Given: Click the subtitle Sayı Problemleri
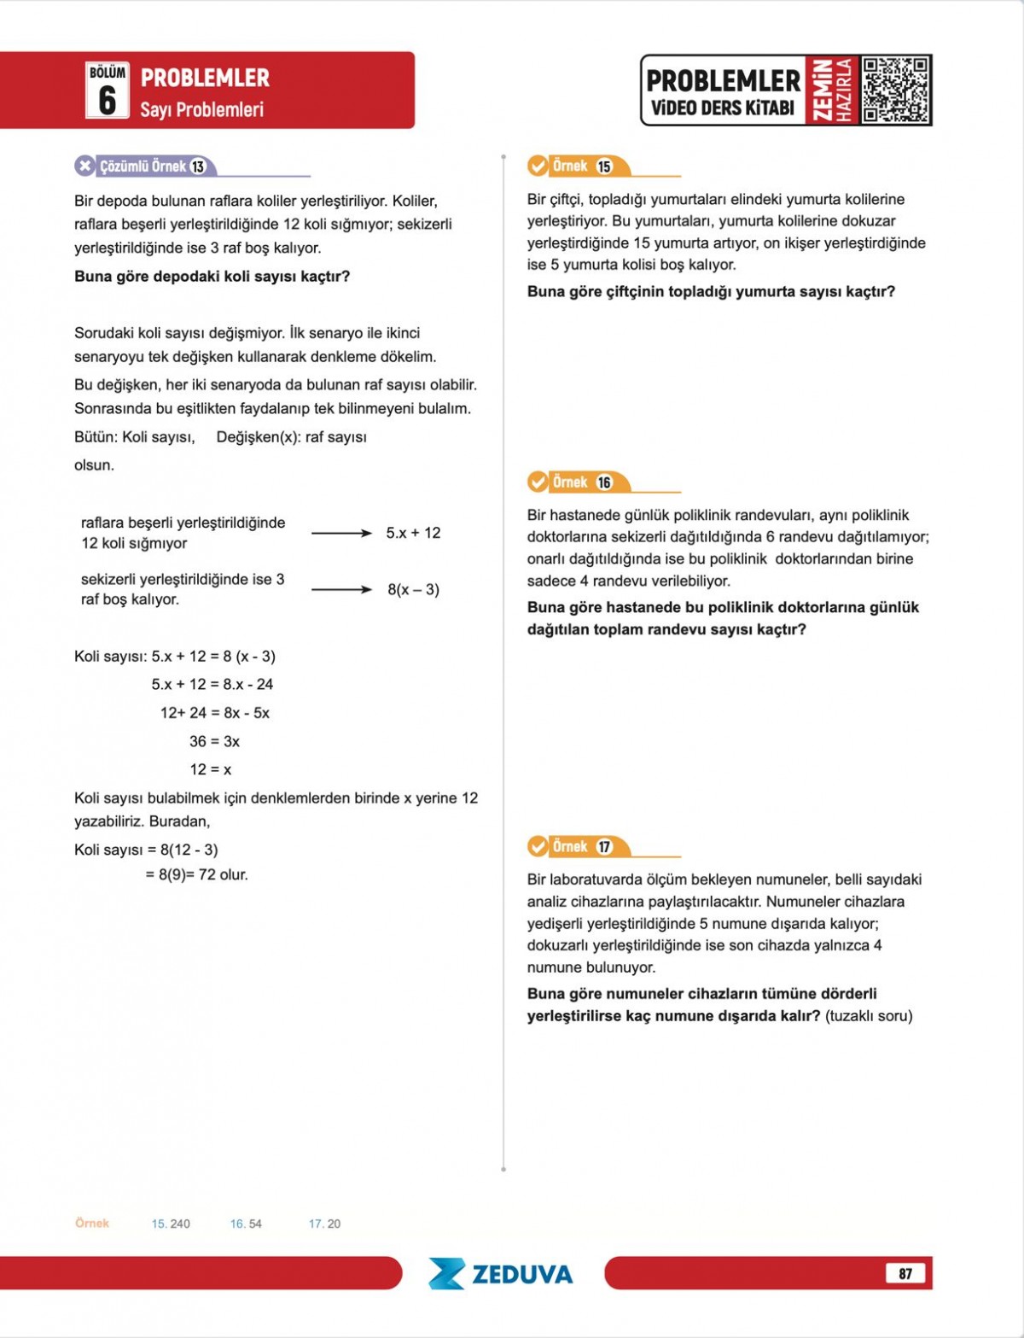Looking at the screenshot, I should coord(201,109).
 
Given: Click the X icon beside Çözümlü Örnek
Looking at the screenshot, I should coord(84,166).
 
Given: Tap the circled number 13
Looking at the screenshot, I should coord(198,167).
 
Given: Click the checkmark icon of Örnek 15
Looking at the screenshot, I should coord(538,166).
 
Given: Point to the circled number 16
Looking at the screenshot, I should coord(604,482).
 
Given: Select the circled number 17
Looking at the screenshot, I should coord(604,847).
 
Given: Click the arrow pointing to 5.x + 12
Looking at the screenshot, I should coord(341,533).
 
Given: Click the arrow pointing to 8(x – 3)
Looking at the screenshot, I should coord(341,589).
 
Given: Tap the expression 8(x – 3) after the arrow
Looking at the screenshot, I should coord(413,589).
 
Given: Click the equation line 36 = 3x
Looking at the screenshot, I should coord(214,741).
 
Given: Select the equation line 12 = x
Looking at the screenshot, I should coord(210,769).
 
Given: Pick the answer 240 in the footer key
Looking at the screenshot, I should coord(180,1224).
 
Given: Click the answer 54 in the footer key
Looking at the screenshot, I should coord(254,1224).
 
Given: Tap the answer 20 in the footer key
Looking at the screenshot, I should coord(333,1224).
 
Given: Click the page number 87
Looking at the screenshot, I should coord(905,1273).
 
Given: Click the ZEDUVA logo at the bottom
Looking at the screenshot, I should coord(502,1273).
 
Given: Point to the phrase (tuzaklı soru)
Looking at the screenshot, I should coord(869,1015).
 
